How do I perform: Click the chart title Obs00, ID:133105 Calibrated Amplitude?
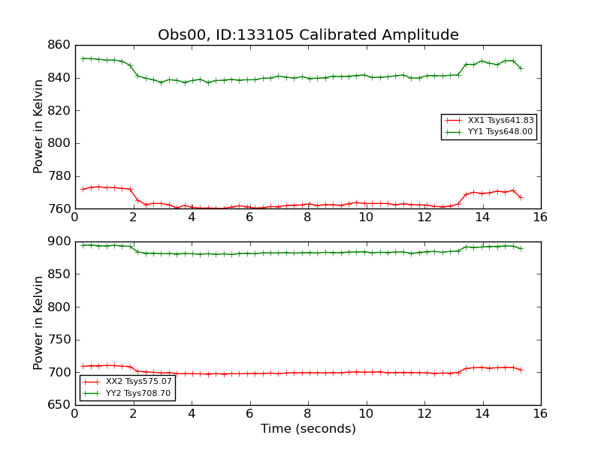pos(308,34)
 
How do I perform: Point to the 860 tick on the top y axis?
pos(59,45)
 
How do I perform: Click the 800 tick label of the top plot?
pos(59,143)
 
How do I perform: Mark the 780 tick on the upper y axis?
pos(59,176)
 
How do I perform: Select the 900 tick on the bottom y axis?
pos(59,241)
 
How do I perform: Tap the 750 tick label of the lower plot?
pos(59,340)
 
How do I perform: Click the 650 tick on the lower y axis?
pos(59,405)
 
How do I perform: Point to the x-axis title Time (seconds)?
pos(308,428)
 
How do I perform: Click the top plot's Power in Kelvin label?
pos(38,127)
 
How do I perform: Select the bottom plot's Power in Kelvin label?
pos(38,323)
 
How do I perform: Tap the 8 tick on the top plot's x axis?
pos(308,217)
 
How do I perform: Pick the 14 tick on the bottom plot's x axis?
pos(482,414)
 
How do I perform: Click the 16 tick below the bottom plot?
pos(540,414)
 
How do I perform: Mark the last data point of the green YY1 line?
pos(521,68)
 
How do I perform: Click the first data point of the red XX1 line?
pos(83,190)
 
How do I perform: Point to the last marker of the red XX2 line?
pos(521,370)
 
